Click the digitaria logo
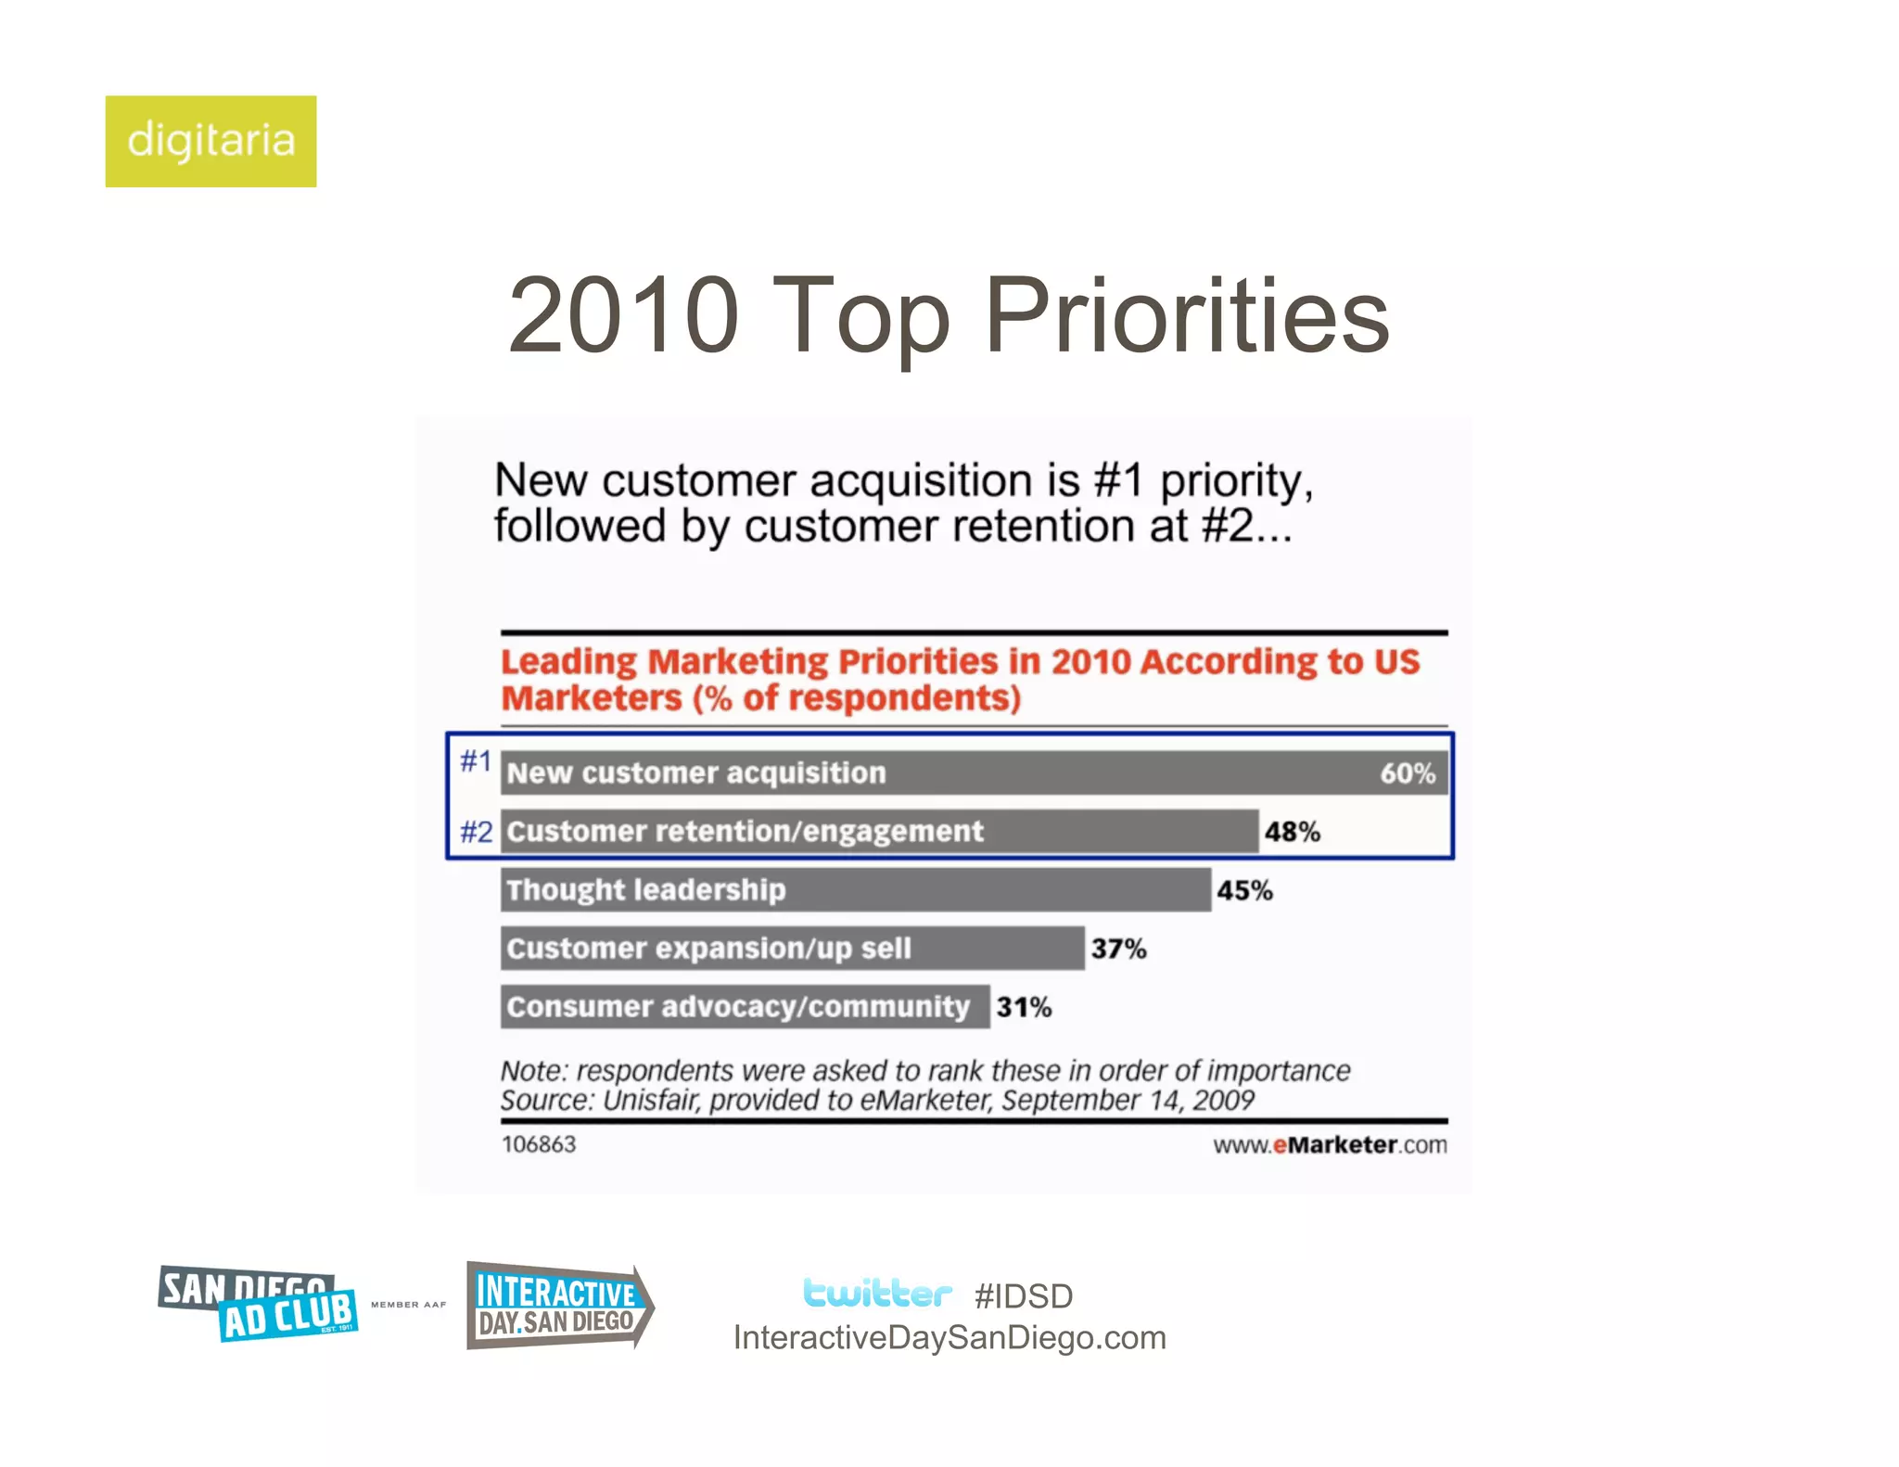tap(210, 141)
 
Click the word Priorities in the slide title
tap(1186, 317)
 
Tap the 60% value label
tap(1407, 773)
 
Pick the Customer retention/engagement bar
tap(879, 831)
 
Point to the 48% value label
tap(1292, 832)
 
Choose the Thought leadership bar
tap(855, 889)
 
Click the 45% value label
tap(1244, 890)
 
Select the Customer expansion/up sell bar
tap(792, 948)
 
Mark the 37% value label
tap(1118, 949)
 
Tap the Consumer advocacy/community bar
tap(745, 1006)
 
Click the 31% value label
tap(1024, 1007)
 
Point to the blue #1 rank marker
tap(476, 760)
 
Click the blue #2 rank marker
tap(477, 831)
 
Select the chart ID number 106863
tap(539, 1144)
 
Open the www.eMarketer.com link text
tap(1330, 1145)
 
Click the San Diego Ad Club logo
tap(258, 1303)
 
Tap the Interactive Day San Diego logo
tap(558, 1306)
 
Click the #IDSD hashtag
tap(1023, 1295)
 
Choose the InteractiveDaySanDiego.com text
tap(949, 1337)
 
